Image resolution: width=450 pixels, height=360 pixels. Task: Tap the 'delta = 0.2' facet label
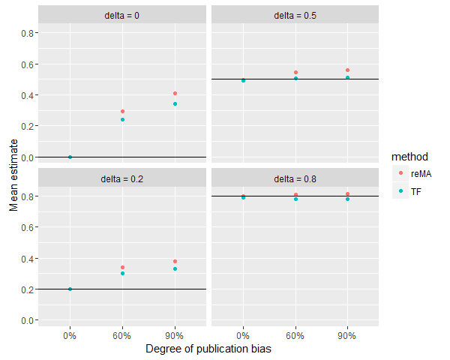coord(121,178)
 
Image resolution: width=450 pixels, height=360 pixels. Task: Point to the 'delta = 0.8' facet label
coord(295,178)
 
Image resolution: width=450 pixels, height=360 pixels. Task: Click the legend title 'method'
coord(409,157)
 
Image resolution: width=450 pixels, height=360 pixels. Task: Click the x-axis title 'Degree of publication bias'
coord(208,349)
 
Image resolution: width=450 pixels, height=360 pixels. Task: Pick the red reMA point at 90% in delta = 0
coord(175,93)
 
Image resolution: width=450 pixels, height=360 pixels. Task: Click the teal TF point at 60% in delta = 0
coord(122,119)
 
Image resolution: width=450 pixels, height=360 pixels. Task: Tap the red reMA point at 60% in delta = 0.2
coord(122,267)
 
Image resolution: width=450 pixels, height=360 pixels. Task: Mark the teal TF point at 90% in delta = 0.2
coord(175,268)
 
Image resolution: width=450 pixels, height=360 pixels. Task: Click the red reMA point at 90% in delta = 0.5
coord(348,70)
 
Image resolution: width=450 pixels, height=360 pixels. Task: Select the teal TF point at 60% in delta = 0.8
coord(295,199)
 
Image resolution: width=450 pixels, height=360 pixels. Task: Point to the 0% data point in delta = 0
coord(70,157)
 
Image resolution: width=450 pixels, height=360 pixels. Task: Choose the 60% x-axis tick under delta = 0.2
coord(122,334)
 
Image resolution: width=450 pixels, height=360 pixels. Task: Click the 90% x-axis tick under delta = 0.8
coord(348,334)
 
